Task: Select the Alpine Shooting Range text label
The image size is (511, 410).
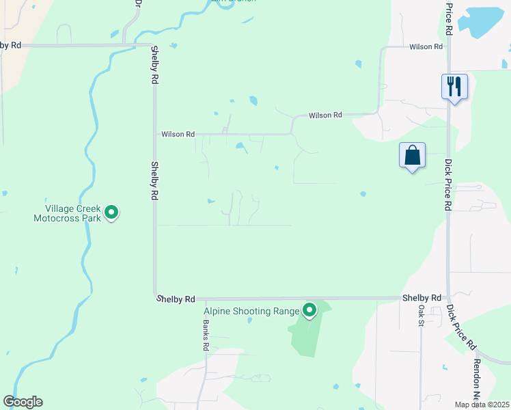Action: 252,312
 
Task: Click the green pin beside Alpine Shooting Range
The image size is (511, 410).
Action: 309,310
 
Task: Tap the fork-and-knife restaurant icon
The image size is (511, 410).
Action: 454,86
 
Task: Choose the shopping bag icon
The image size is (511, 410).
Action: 413,154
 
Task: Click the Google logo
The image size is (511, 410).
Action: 23,402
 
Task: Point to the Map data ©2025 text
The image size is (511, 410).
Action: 482,405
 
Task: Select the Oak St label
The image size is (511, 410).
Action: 421,315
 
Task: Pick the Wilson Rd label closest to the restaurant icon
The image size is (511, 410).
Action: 426,46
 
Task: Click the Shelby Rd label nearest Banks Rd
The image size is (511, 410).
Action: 176,299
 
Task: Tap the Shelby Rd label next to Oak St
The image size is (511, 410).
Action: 422,298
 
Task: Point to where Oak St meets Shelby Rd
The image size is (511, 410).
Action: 420,299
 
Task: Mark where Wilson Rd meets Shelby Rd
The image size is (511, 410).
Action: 155,134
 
